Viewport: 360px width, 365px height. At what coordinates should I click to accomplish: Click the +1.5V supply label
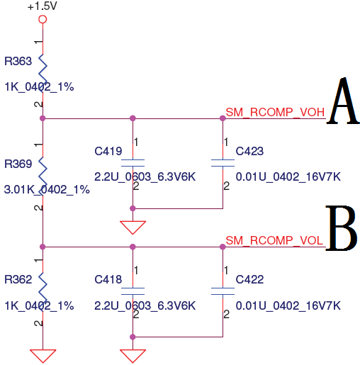coord(43,6)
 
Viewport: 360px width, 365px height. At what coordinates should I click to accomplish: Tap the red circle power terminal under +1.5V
coord(43,19)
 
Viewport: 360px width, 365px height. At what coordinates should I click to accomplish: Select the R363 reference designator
coord(18,61)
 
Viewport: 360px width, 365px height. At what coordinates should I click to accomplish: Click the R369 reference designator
coord(18,164)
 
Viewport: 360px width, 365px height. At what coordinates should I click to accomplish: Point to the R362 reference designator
coord(18,279)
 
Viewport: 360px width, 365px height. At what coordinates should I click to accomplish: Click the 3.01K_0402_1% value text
coord(47,190)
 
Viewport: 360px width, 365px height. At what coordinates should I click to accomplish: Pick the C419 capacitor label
coord(108,151)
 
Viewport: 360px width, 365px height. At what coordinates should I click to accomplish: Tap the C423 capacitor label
coord(249,151)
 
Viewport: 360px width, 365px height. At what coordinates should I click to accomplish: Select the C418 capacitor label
coord(108,279)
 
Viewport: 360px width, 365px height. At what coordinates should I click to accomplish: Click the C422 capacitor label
coord(249,279)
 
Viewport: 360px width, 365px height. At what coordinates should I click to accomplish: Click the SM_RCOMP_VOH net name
coord(275,112)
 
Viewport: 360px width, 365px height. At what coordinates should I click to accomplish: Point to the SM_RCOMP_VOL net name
coord(274,240)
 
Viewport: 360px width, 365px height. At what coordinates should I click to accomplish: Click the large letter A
coord(343,101)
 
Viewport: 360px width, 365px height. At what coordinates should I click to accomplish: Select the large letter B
coord(342,228)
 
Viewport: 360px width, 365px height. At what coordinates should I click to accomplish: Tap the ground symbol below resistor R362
coord(43,356)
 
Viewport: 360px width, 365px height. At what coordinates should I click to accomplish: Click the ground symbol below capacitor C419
coord(133,228)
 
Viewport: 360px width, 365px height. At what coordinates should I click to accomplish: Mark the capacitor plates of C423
coord(223,163)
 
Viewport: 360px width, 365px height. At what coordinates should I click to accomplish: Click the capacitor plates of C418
coord(133,291)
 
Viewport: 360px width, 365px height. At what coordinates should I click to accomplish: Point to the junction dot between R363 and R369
coord(43,118)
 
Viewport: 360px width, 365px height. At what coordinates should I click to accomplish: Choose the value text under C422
coord(288,305)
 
